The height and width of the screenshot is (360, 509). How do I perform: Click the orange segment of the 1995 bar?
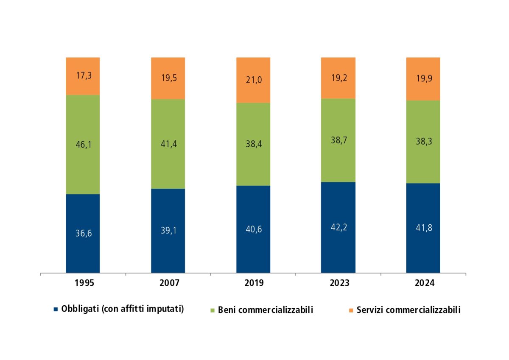[x=83, y=85]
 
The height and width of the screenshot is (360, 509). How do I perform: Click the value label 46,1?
[x=83, y=145]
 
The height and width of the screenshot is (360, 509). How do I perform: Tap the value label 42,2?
[x=338, y=226]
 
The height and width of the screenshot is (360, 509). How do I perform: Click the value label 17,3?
[x=83, y=76]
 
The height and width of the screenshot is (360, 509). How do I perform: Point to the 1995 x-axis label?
[x=83, y=283]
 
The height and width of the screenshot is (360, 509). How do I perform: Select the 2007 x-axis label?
[x=168, y=283]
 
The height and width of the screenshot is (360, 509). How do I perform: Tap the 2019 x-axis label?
[x=253, y=283]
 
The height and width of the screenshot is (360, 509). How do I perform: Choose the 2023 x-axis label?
[x=338, y=283]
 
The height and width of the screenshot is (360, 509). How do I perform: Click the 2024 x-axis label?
[x=423, y=283]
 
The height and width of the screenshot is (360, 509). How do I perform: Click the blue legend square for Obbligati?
[x=56, y=310]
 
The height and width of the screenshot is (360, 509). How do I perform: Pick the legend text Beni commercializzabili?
[x=265, y=310]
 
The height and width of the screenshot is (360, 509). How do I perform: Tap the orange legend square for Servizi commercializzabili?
[x=351, y=310]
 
